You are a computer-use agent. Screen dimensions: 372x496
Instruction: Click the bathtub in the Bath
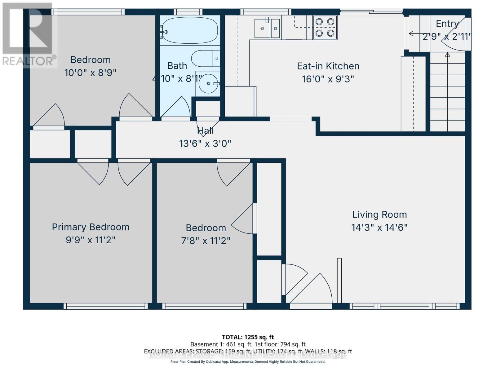(x=190, y=30)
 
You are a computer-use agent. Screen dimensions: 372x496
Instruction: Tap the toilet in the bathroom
(x=205, y=58)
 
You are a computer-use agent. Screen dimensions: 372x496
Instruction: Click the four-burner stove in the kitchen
(x=325, y=28)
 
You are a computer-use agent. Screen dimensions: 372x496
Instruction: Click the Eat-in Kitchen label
(x=328, y=66)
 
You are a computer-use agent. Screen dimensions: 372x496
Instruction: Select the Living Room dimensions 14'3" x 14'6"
(x=379, y=228)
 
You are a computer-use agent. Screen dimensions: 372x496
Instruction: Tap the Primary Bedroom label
(x=91, y=227)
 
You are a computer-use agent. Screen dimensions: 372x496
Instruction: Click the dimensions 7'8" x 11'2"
(x=206, y=241)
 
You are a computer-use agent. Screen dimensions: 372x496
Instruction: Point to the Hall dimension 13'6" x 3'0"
(x=205, y=144)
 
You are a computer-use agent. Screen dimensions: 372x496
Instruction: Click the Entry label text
(x=447, y=24)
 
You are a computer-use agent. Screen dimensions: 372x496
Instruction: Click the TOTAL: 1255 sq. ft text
(x=248, y=337)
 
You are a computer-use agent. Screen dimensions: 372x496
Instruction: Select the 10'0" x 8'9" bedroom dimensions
(x=90, y=73)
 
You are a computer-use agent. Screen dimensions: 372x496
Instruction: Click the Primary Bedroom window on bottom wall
(x=106, y=306)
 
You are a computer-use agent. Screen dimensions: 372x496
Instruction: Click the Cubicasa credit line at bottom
(x=248, y=362)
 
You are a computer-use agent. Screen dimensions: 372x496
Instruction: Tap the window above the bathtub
(x=188, y=12)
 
